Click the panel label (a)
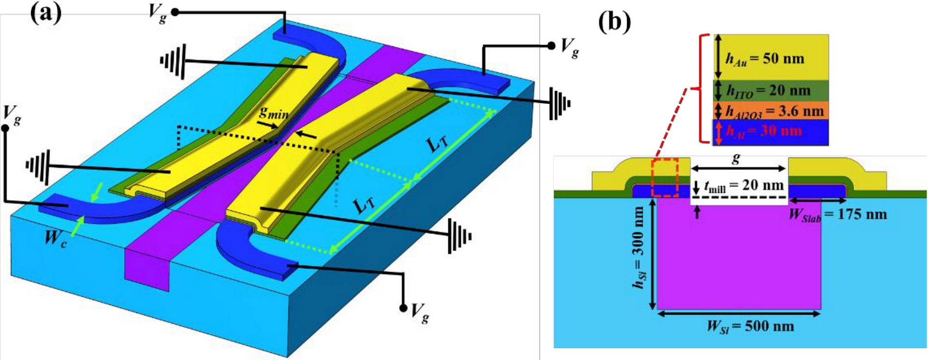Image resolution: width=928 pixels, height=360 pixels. click(46, 14)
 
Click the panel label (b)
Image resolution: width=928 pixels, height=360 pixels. click(614, 22)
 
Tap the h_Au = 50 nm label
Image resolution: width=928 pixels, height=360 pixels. click(765, 59)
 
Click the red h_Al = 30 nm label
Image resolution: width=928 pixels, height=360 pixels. click(764, 131)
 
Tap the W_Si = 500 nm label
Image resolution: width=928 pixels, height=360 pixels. click(750, 326)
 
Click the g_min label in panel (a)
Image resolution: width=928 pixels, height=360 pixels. click(274, 113)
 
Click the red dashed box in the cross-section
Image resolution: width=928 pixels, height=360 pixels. click(665, 177)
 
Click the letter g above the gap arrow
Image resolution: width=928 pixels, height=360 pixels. click(736, 159)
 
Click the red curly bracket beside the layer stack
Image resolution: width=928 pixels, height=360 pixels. click(701, 89)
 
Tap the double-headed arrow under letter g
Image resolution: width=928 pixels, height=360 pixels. click(739, 168)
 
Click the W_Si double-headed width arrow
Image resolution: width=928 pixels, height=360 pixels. click(739, 314)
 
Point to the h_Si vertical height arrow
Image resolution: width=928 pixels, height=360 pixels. click(653, 254)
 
